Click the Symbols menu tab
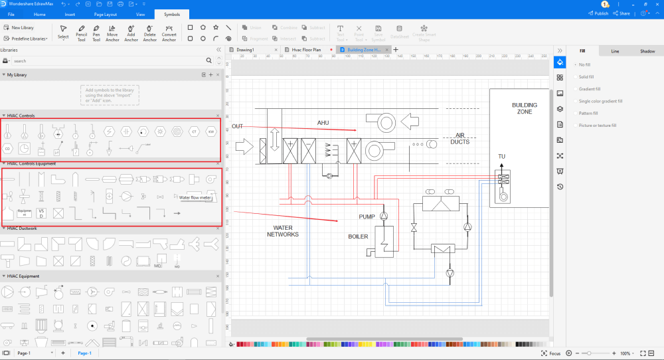171,13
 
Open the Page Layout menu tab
105,13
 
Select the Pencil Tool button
81,33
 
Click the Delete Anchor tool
150,33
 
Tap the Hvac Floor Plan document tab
306,50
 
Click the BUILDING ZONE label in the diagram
525,108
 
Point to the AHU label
323,123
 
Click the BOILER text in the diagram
358,236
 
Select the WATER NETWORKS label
282,230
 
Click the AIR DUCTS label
459,138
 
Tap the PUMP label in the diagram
367,217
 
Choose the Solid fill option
586,77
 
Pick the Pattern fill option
589,113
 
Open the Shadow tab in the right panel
647,51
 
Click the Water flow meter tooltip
196,197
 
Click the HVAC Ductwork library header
23,228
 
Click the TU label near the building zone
502,157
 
